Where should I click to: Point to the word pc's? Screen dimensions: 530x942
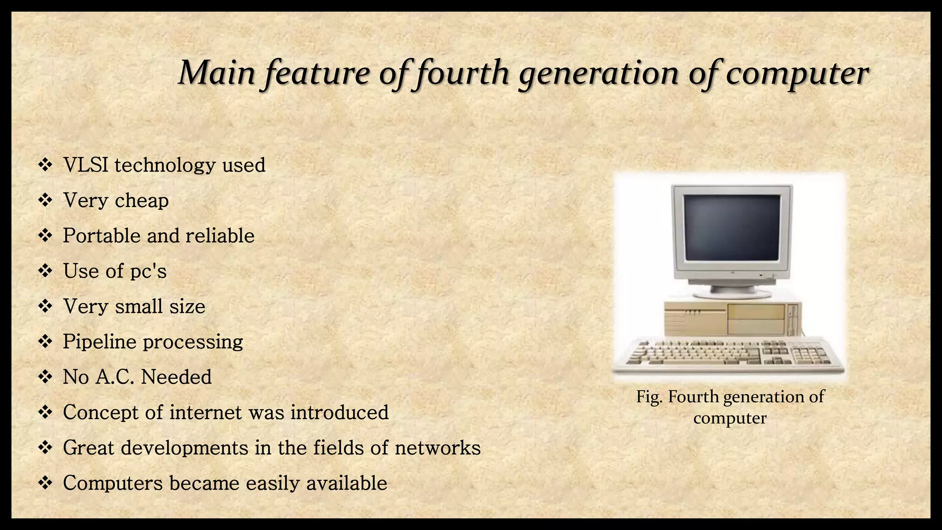click(148, 271)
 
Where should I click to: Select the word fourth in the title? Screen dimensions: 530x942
click(462, 74)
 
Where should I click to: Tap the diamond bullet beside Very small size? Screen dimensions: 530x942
click(45, 306)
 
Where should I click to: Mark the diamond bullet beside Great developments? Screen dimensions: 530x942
click(45, 448)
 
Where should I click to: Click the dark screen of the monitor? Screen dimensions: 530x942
click(731, 228)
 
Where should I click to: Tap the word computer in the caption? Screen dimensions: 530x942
click(730, 418)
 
